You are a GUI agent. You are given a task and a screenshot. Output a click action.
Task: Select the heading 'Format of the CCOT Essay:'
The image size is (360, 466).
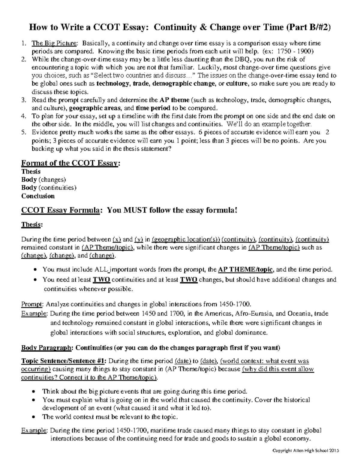click(x=71, y=163)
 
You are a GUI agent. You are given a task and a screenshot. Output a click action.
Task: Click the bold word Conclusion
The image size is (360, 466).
click(x=38, y=196)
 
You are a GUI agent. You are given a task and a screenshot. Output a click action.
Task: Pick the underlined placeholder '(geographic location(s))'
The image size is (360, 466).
click(x=186, y=239)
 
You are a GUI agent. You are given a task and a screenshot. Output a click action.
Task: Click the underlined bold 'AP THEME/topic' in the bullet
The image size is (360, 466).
click(x=245, y=269)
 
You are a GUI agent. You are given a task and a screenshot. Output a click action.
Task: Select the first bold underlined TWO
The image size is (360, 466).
click(x=101, y=280)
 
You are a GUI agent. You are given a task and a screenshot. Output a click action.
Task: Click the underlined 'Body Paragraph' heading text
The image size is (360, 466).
click(x=47, y=348)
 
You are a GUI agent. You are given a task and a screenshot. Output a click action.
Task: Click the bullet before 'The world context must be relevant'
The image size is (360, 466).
click(x=35, y=417)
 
